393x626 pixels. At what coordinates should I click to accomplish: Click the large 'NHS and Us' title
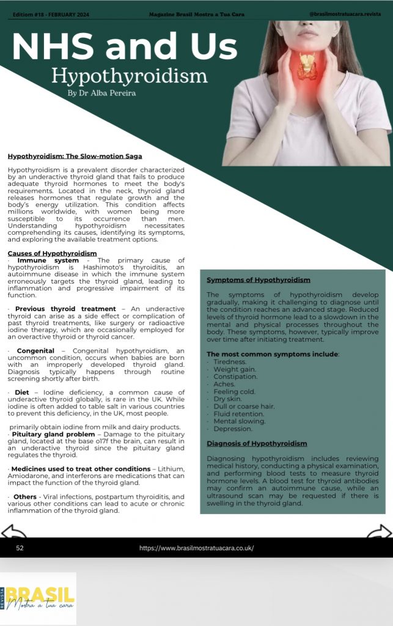(x=124, y=46)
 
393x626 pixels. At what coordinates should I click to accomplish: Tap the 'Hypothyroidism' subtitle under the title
(x=129, y=76)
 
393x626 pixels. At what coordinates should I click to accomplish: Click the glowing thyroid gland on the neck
(x=306, y=66)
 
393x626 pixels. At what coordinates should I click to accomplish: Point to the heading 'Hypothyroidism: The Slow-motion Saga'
(x=75, y=156)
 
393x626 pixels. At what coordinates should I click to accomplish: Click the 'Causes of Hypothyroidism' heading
(x=52, y=253)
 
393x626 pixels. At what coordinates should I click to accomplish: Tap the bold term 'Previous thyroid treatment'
(x=65, y=309)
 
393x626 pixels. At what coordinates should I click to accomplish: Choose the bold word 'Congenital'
(x=37, y=350)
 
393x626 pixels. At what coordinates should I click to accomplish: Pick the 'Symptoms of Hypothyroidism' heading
(x=258, y=280)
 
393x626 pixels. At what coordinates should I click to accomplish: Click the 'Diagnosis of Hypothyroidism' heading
(x=257, y=443)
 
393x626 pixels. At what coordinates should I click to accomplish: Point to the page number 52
(x=20, y=548)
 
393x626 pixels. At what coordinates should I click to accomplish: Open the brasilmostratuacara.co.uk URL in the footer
(x=196, y=548)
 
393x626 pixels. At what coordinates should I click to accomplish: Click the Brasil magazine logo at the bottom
(x=39, y=598)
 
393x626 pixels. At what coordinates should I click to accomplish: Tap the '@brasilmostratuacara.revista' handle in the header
(x=348, y=13)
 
